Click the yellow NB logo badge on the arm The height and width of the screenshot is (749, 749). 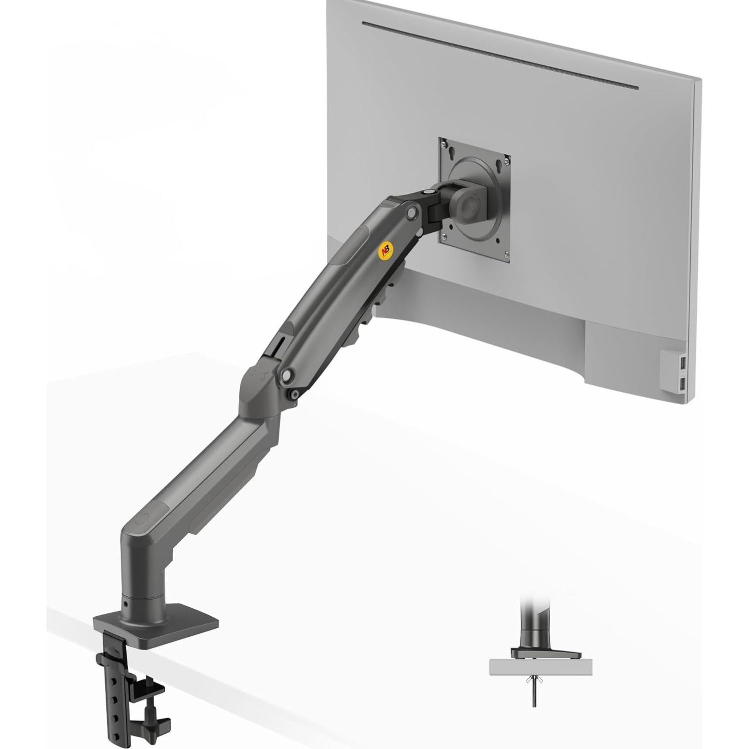point(385,251)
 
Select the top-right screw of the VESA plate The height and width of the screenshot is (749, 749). point(507,161)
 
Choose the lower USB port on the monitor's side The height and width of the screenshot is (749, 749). point(684,383)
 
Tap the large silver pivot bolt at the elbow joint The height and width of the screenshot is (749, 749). point(287,374)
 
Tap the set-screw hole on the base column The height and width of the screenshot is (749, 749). point(125,604)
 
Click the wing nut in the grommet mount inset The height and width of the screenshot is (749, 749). point(534,679)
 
